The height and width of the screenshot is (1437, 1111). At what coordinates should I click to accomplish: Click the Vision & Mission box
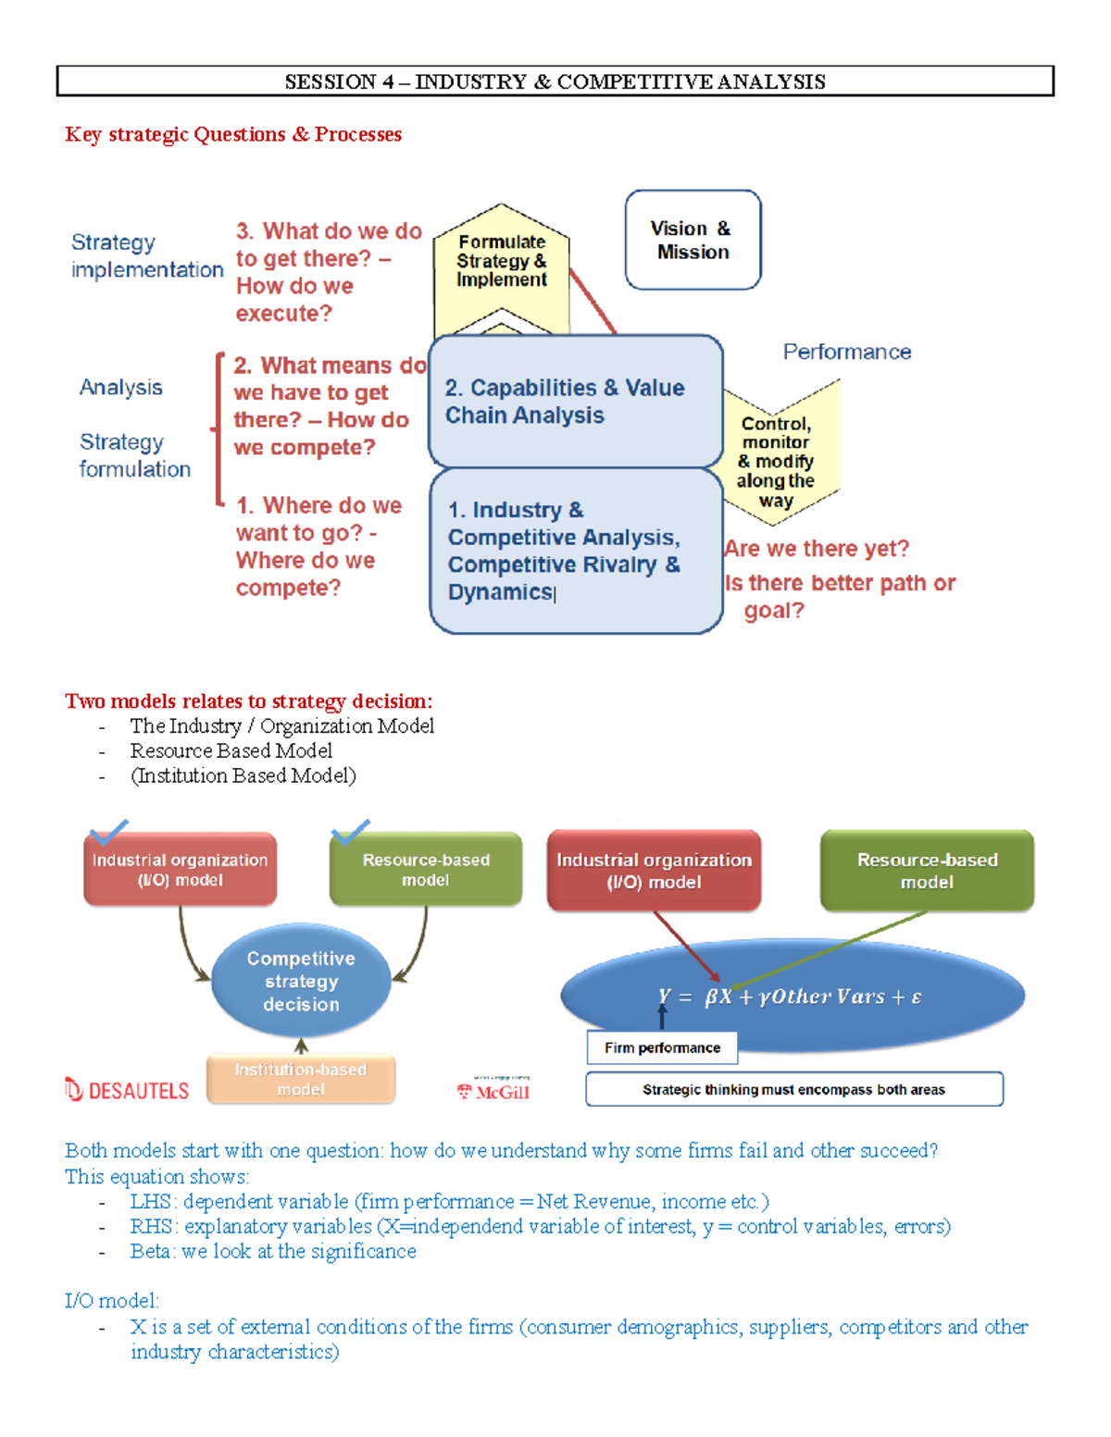pos(693,240)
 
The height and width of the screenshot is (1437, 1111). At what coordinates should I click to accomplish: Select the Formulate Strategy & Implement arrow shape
pos(501,264)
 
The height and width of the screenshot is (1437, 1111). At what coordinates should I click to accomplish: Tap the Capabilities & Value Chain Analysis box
pos(574,402)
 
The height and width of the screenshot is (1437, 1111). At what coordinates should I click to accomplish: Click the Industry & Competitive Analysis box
pos(574,551)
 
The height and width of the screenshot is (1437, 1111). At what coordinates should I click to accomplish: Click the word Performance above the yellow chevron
pos(846,352)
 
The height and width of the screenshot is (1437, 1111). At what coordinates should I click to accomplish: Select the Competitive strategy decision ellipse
pos(301,981)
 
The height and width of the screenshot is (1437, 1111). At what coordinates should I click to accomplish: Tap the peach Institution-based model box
pos(301,1080)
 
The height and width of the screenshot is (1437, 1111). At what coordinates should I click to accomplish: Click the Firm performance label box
pos(662,1047)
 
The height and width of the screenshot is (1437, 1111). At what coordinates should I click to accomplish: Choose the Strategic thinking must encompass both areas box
pos(793,1089)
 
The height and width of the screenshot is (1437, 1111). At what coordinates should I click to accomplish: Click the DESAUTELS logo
pos(127,1090)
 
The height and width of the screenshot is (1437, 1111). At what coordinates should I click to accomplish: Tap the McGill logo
pos(494,1092)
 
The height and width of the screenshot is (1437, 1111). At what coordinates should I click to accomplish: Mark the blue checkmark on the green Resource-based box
pos(350,831)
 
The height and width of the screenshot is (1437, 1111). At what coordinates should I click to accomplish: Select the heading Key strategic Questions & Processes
pos(233,134)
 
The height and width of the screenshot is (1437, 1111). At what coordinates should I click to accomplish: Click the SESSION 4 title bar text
pos(555,81)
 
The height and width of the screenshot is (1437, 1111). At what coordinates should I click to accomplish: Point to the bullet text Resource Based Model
pos(231,750)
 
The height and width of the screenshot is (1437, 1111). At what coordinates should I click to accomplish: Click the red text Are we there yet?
pos(817,549)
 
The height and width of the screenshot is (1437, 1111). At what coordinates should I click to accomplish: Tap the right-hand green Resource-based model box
pos(927,871)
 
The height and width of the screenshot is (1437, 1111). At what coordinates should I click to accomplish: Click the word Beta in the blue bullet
pos(151,1251)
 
